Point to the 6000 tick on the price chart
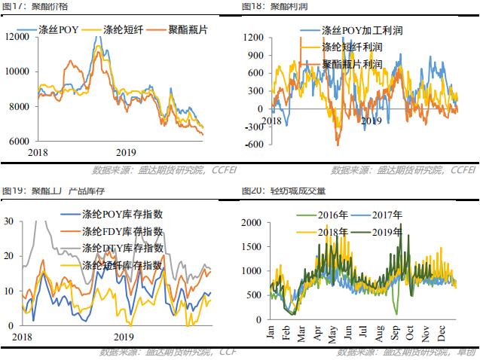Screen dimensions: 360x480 coord(20,141)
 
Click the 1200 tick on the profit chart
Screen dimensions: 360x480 coord(253,37)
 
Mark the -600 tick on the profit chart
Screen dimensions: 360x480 coord(254,145)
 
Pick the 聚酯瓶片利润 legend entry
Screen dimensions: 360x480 coord(352,64)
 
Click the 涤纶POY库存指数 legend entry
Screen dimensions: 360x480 coord(122,215)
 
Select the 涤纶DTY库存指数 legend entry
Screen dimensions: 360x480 coord(122,248)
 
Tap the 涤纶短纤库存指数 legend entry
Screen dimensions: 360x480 coord(122,265)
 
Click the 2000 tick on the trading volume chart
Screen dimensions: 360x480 coord(254,223)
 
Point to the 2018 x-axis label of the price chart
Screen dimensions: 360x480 coord(38,153)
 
